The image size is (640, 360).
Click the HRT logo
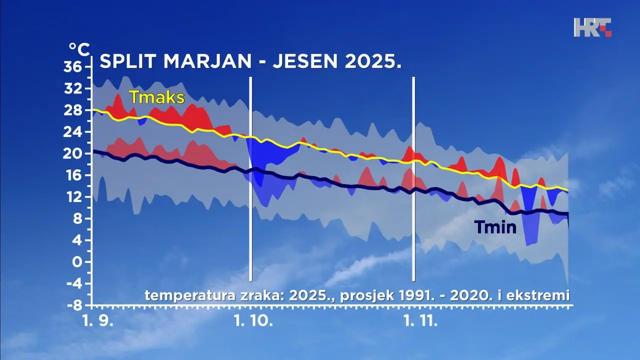(592, 27)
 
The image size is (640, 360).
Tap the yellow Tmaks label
(157, 97)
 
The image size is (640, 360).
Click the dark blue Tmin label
(495, 227)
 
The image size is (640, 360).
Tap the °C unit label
(79, 49)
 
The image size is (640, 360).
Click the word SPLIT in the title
(128, 61)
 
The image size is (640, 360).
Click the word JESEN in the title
(307, 61)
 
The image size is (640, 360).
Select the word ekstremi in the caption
(538, 295)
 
